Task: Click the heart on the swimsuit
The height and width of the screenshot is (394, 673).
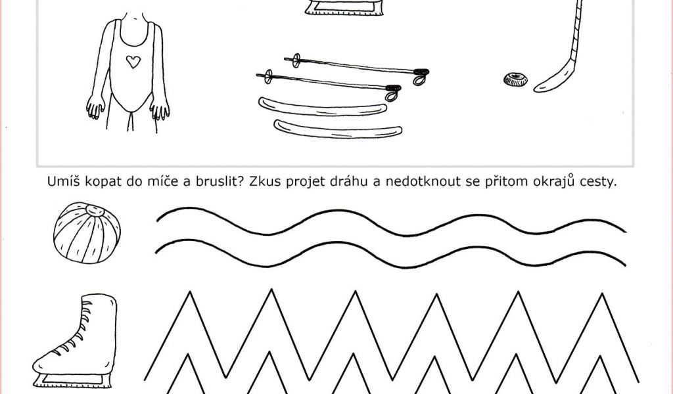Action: [133, 62]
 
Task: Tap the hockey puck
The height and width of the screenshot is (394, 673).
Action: [515, 79]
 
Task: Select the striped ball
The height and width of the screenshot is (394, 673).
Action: [87, 233]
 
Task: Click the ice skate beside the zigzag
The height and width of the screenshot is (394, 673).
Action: [75, 341]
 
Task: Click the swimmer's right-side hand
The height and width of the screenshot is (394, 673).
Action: [160, 109]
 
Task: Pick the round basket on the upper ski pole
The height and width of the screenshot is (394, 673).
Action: [296, 60]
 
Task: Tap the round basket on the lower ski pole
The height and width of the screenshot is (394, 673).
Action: [268, 76]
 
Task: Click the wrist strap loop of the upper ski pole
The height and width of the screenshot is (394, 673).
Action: [420, 77]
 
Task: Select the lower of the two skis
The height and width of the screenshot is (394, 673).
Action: [338, 129]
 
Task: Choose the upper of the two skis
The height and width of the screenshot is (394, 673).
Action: [322, 107]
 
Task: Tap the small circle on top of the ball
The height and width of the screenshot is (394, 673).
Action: [95, 211]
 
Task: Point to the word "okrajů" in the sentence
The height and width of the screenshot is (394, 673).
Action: [553, 181]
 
